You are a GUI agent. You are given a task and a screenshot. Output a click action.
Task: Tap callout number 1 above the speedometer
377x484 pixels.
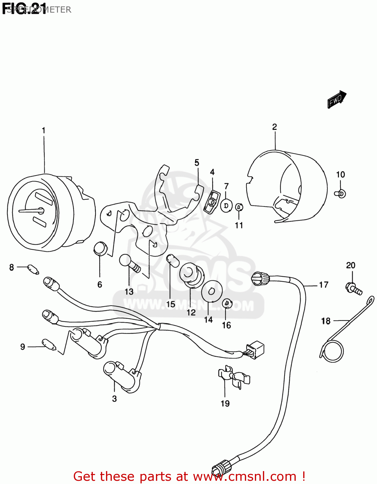[43, 130]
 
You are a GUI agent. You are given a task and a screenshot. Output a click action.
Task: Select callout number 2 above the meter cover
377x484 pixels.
[275, 127]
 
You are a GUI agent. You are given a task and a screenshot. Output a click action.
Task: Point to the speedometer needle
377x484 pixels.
[31, 211]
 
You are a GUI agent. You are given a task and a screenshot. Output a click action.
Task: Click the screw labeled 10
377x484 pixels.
[340, 194]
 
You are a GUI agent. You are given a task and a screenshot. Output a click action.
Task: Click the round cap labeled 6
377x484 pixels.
[100, 248]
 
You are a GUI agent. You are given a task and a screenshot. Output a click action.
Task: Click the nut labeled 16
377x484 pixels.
[227, 303]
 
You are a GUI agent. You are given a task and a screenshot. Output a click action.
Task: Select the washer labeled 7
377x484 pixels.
[226, 205]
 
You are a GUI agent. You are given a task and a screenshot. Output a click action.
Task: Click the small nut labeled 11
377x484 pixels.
[239, 207]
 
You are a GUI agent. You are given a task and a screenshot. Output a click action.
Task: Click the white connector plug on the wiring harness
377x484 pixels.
[256, 349]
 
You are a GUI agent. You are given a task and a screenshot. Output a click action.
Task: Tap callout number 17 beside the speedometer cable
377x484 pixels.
[324, 285]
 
